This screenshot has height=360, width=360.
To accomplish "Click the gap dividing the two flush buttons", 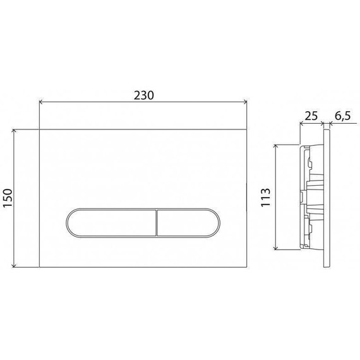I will pos(155,223).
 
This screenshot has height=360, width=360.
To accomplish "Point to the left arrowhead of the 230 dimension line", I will pos(42,102).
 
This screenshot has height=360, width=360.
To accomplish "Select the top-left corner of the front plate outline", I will pos(40,129).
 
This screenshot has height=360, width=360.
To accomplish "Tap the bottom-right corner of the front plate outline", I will pos(246,267).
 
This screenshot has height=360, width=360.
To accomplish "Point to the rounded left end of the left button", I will pos(67,223).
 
